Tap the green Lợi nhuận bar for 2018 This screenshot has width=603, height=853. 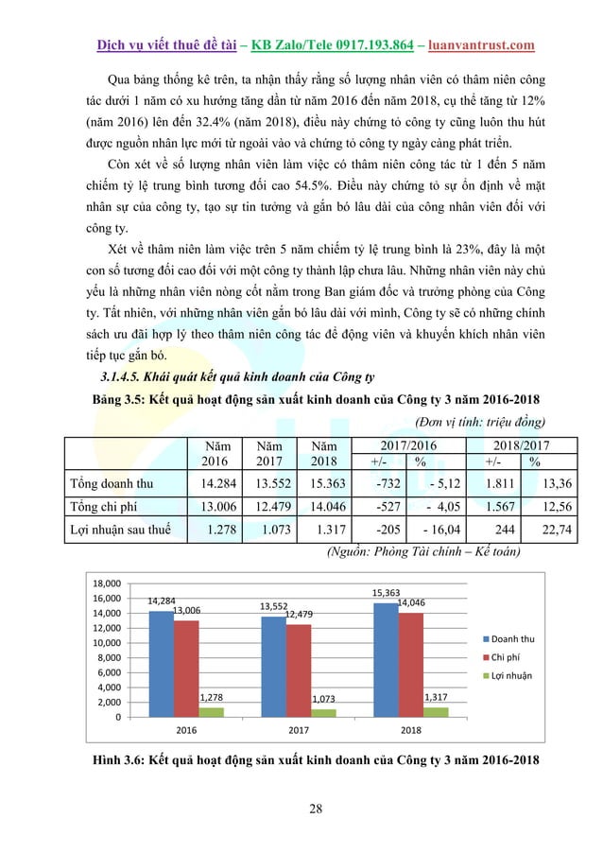[436, 711]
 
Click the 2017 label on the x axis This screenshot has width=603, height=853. [300, 731]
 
